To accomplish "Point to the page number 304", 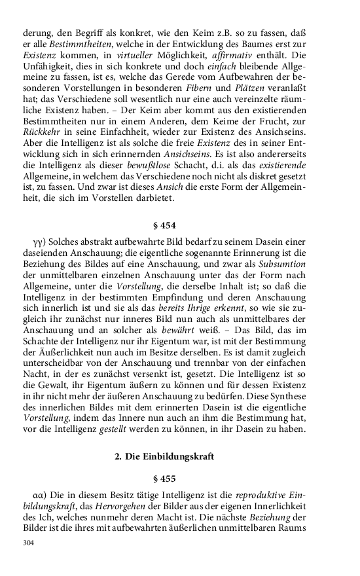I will click(28, 543).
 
